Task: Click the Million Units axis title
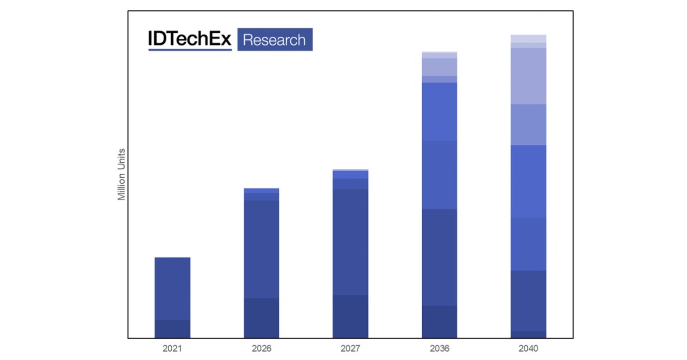(x=121, y=174)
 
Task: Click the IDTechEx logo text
(x=190, y=38)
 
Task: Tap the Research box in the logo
(x=275, y=39)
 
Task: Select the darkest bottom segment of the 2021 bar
(x=172, y=329)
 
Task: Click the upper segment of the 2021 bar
(x=172, y=288)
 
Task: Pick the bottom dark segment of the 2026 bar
(x=261, y=318)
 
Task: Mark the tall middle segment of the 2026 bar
(x=261, y=249)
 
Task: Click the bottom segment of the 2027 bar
(x=350, y=316)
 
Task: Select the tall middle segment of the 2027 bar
(x=350, y=242)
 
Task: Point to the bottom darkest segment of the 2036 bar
(x=439, y=322)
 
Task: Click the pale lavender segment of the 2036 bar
(x=439, y=67)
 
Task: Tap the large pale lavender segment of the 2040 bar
(x=528, y=76)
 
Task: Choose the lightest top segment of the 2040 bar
(x=528, y=38)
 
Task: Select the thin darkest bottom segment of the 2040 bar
(x=528, y=335)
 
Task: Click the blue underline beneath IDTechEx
(x=190, y=49)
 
